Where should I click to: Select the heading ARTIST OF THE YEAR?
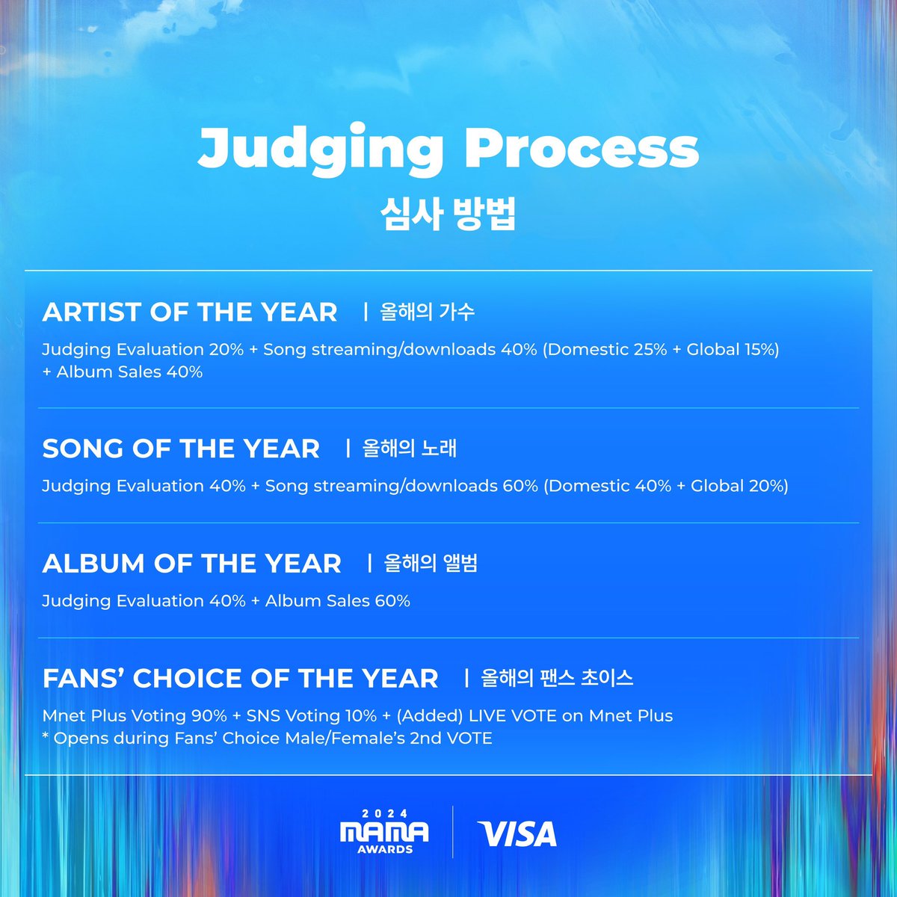pos(190,312)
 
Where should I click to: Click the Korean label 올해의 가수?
pos(427,312)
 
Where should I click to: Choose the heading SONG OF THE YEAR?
pos(181,449)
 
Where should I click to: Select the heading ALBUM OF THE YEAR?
pos(192,563)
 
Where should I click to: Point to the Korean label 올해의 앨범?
pos(431,563)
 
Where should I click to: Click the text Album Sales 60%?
pos(337,601)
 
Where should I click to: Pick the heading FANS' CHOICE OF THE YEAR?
pos(241,678)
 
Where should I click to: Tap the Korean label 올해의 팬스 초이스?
pos(557,678)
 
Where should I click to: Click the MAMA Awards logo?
pos(384,831)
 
